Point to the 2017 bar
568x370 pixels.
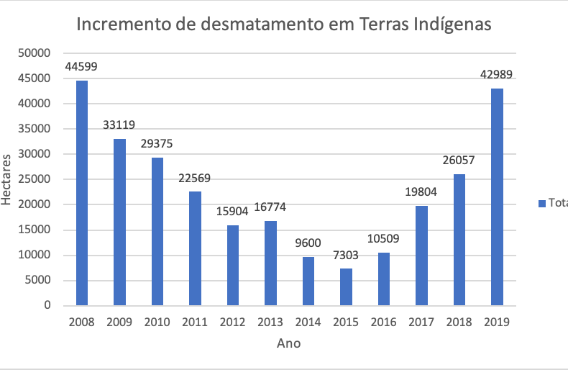pos(421,256)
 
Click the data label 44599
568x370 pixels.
pos(81,67)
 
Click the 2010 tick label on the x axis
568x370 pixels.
pos(157,322)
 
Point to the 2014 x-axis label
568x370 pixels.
pos(308,322)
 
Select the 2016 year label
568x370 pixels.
pos(384,322)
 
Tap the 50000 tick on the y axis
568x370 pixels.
pos(36,53)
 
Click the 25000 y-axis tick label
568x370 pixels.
pos(36,179)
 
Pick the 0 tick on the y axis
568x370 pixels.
pos(47,305)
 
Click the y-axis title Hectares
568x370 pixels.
pos(7,179)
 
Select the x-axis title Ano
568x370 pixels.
pos(289,343)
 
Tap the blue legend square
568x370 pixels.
pos(542,204)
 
